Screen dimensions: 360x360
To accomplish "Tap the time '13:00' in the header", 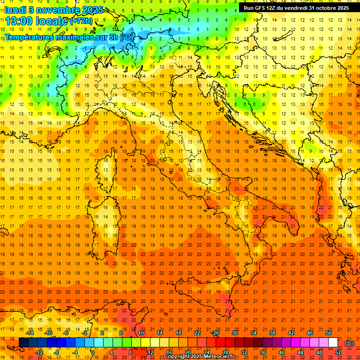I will click(x=21, y=21).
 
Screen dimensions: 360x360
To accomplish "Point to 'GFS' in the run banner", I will click(x=261, y=8).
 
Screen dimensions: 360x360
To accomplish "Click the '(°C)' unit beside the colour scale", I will click(x=349, y=343).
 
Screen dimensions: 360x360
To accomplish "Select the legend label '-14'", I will click(x=30, y=333).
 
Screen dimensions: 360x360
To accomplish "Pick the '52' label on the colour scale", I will click(x=338, y=352).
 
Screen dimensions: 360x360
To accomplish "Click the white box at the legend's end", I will click(x=333, y=343).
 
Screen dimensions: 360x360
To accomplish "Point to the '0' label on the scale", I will click(x=93, y=352).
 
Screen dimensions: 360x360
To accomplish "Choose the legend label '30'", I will click(x=235, y=333).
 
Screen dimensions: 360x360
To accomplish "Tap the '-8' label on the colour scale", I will click(x=57, y=352).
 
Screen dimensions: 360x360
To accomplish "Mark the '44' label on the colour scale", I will click(x=300, y=352).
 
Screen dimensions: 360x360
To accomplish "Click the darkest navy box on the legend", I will click(x=23, y=343).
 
